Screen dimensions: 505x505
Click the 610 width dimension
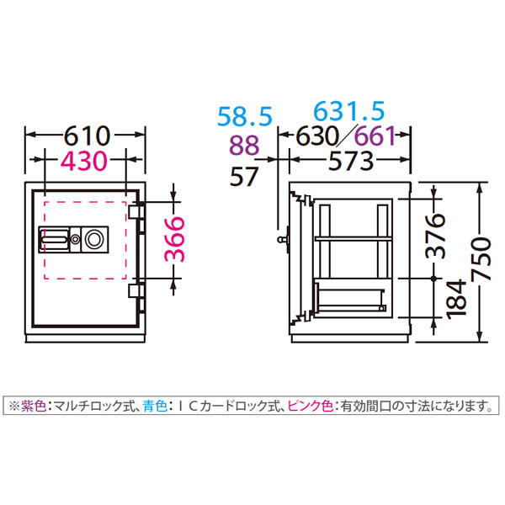[87, 136]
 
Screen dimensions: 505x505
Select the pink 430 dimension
[83, 161]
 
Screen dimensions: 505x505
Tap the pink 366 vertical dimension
[175, 239]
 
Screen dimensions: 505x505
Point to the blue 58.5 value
[245, 116]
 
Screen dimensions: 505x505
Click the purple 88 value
[244, 146]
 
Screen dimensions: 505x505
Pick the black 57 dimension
[244, 176]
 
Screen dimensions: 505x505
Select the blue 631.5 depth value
[349, 111]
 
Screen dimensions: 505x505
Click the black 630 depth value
[317, 136]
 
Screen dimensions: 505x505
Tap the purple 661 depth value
[375, 136]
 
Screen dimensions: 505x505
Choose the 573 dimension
[351, 161]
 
